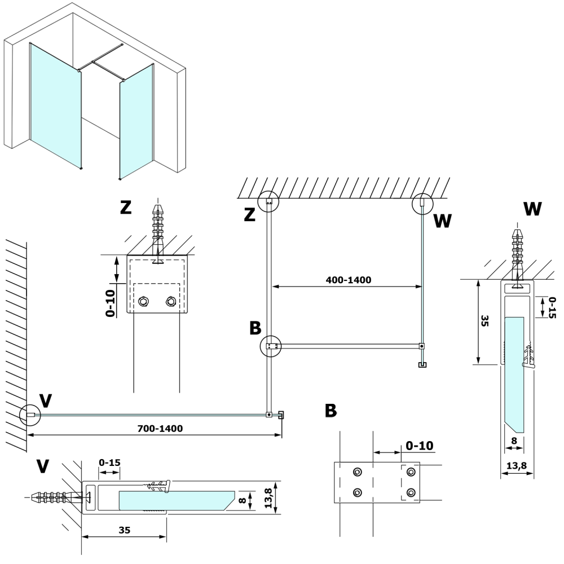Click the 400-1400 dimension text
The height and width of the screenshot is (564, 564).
[348, 280]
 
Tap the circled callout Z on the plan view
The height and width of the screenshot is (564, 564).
[268, 201]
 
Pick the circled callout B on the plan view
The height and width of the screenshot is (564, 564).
[272, 346]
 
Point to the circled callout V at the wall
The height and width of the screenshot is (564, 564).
[29, 415]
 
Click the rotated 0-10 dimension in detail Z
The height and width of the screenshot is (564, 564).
[110, 303]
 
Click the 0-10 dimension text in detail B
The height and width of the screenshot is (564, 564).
[419, 446]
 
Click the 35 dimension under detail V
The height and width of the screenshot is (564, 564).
[125, 530]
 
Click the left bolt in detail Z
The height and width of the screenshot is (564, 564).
[143, 302]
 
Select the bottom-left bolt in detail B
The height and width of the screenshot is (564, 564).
[357, 492]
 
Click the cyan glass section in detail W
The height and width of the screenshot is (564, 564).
[514, 372]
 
